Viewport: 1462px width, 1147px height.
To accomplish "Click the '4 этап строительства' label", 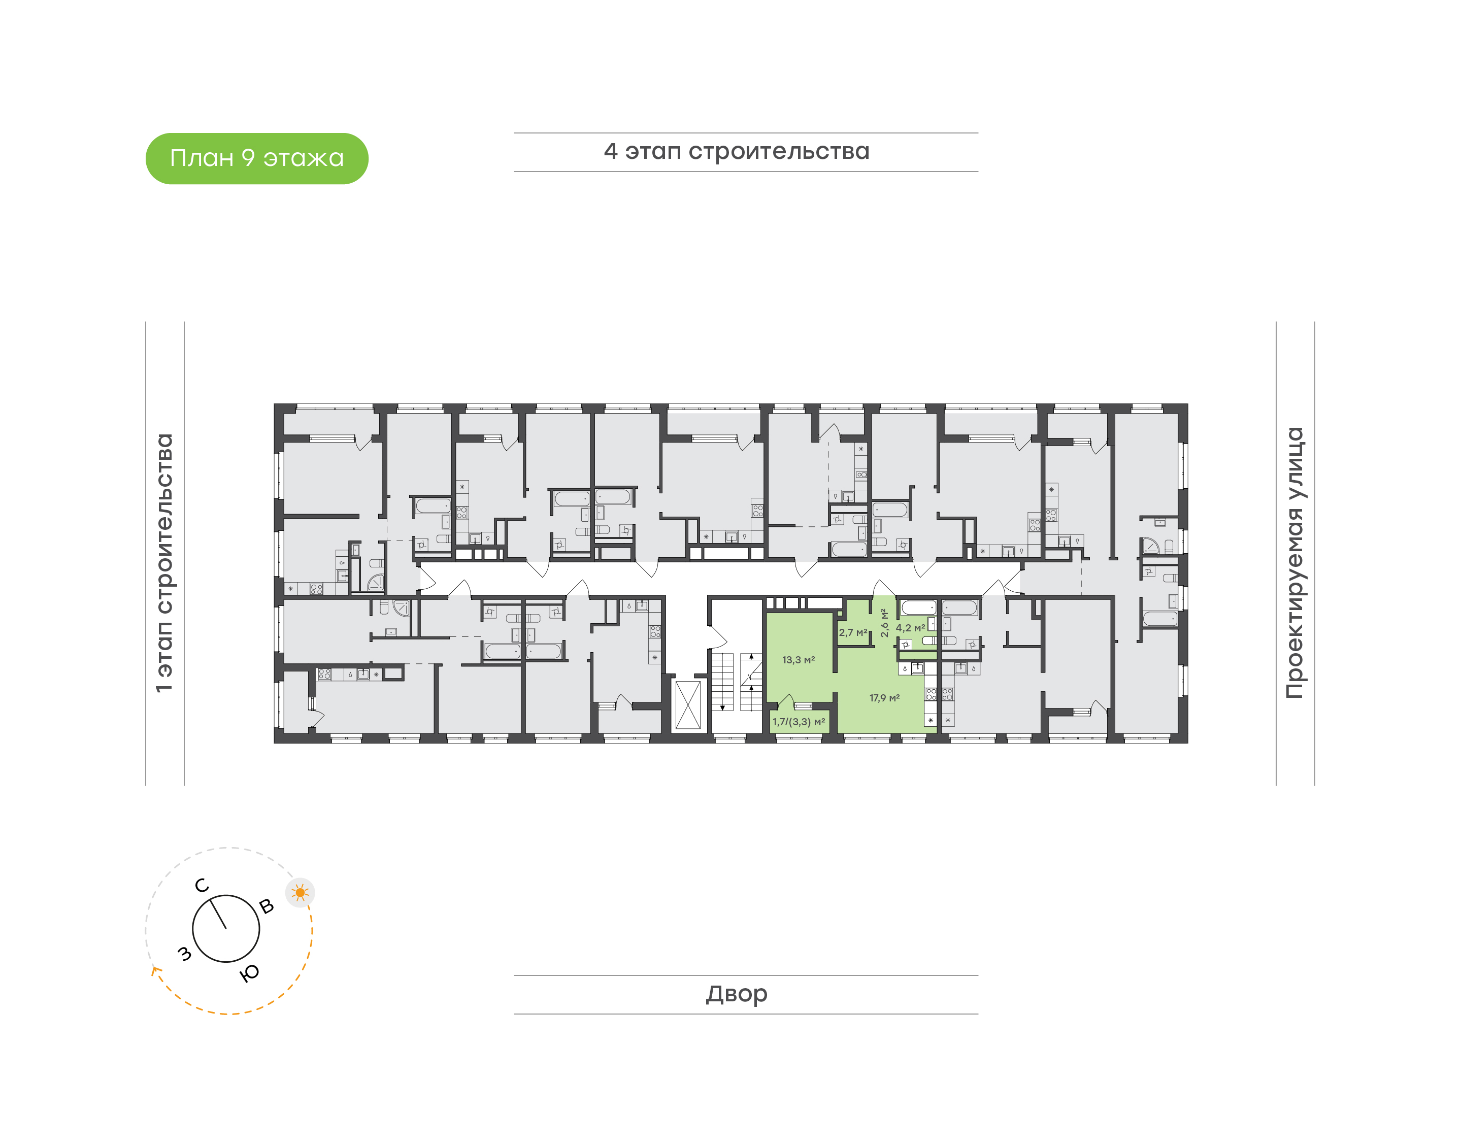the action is tap(737, 152).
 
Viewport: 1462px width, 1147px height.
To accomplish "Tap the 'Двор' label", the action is tap(737, 994).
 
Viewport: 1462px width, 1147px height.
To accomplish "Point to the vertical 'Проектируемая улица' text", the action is tap(1295, 563).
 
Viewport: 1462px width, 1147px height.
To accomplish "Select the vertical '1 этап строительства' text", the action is tap(164, 563).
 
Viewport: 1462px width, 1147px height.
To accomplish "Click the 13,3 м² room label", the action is tap(799, 660).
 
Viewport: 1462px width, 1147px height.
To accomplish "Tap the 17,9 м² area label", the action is tap(884, 698).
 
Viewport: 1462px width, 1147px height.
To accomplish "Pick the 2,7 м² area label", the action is tap(853, 632).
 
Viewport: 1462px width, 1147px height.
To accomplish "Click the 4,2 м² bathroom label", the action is tap(910, 628).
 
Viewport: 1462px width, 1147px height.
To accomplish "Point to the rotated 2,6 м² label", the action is tap(884, 623).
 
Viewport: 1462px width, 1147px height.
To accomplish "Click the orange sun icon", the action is tap(300, 893).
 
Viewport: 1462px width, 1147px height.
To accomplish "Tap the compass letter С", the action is tap(202, 886).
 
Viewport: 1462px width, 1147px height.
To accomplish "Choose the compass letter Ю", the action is tap(249, 973).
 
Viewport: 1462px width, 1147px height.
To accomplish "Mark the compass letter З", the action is tap(184, 954).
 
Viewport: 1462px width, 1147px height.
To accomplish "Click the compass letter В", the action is tap(267, 906).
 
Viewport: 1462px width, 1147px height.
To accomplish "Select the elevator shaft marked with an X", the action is tap(688, 704).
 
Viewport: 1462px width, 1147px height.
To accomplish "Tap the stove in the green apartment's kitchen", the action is tap(931, 694).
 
